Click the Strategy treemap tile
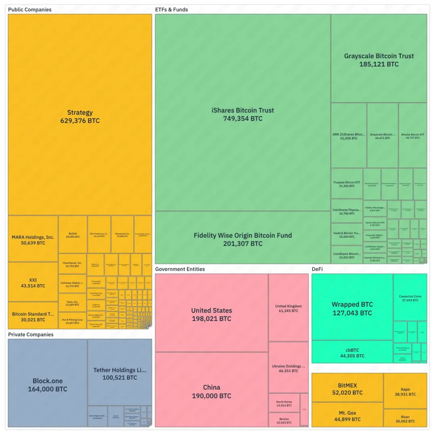tap(80, 116)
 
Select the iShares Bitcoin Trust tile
tap(243, 114)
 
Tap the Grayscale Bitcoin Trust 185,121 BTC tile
tap(379, 59)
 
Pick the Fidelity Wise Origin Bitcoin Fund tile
tap(243, 239)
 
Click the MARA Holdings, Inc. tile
tap(33, 240)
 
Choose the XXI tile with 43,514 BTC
tap(33, 282)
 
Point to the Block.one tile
tap(47, 384)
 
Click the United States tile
tap(212, 314)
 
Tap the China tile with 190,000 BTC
tap(212, 391)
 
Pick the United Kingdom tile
tap(288, 308)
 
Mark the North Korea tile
tap(284, 403)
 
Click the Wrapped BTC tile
tap(352, 308)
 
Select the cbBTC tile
tap(352, 353)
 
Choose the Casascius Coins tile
tap(410, 298)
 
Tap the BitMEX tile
tap(347, 389)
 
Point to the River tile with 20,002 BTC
tap(405, 419)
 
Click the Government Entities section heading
tap(180, 269)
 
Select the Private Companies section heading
tap(31, 335)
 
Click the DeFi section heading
tap(317, 269)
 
